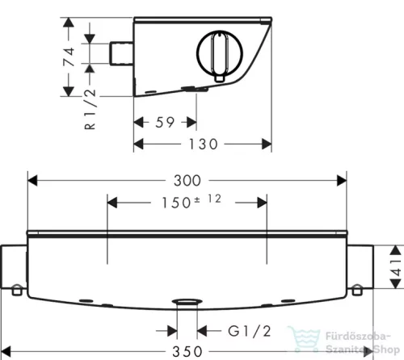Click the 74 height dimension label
tap(69, 57)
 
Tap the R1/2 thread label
tap(90, 109)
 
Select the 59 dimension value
tap(165, 123)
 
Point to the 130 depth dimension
tap(203, 144)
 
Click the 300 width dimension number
tap(187, 181)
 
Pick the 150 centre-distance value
tap(176, 203)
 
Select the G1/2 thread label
tap(250, 331)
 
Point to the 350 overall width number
tap(187, 352)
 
